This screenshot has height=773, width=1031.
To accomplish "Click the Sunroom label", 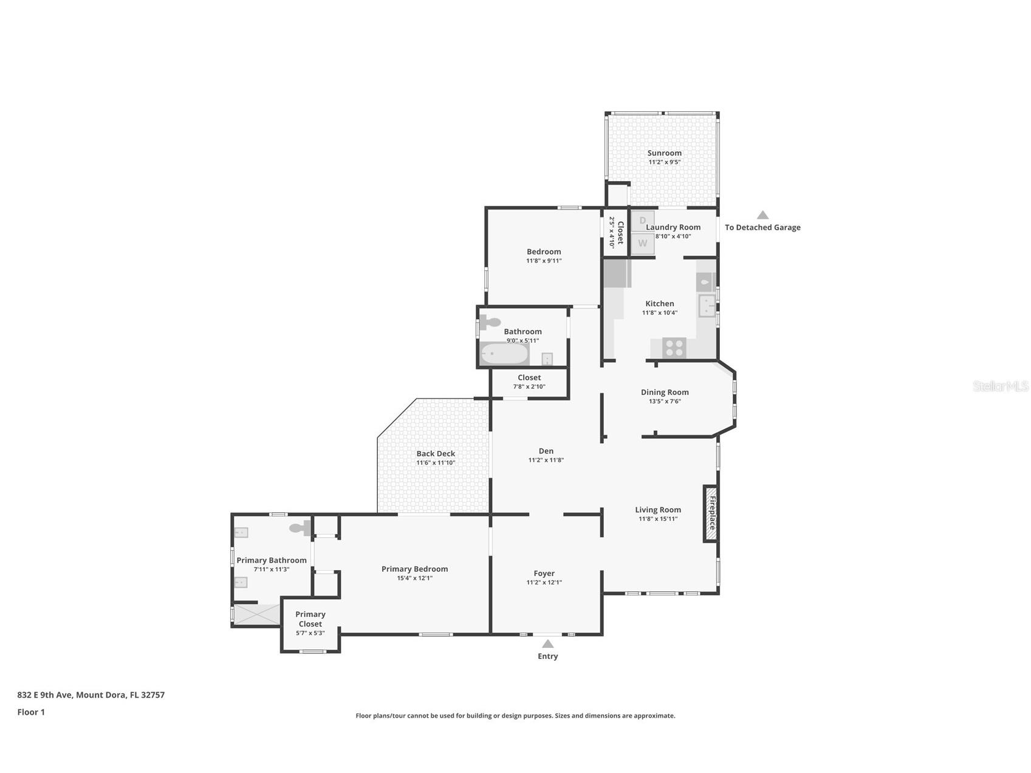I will click(664, 153).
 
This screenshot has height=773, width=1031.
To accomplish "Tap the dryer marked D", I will click(642, 221).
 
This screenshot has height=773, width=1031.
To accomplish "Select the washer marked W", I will click(642, 244).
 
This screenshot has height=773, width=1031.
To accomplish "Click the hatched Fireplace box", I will click(711, 514).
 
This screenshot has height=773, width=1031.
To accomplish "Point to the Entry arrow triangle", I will click(547, 644).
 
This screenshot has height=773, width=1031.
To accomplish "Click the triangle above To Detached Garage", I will click(762, 215).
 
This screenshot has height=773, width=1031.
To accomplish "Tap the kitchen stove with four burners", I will click(674, 348).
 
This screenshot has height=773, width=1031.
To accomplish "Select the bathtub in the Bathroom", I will click(504, 354).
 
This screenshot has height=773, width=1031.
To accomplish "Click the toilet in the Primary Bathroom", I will click(300, 529).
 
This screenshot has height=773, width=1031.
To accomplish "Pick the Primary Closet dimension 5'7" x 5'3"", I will click(310, 633).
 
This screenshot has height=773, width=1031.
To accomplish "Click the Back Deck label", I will click(436, 453).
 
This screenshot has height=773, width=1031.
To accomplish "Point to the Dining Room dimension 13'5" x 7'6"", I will click(665, 401).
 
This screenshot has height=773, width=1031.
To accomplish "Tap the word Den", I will click(546, 451).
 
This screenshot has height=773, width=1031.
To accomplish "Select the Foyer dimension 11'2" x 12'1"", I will click(544, 582).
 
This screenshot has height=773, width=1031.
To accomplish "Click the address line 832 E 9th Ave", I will click(91, 695).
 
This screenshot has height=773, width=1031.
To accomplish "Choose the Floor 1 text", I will click(31, 712).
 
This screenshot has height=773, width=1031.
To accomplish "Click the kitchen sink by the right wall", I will click(706, 306).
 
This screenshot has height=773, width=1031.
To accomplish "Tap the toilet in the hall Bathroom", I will click(490, 323).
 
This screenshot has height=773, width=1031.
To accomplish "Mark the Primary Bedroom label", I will click(414, 569).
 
